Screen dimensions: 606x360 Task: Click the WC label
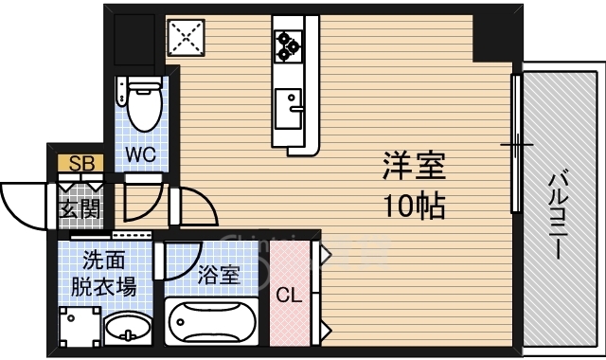click(141, 154)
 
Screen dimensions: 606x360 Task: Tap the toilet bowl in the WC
click(144, 104)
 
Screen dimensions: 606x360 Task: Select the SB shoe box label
click(81, 163)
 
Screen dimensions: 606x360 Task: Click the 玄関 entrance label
click(80, 209)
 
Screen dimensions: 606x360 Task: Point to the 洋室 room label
click(415, 166)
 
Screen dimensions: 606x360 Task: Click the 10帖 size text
click(415, 206)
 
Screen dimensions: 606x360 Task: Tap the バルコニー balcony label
click(559, 216)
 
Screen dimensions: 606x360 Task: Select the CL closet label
click(289, 296)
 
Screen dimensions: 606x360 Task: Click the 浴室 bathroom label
click(219, 275)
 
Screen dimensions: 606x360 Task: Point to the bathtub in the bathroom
click(211, 321)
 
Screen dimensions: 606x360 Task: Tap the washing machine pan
click(80, 327)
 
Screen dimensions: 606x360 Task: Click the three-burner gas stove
click(288, 46)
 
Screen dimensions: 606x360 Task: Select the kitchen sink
click(288, 109)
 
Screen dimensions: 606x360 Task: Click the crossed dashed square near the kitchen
click(186, 38)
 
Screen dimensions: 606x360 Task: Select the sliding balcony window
click(516, 144)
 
